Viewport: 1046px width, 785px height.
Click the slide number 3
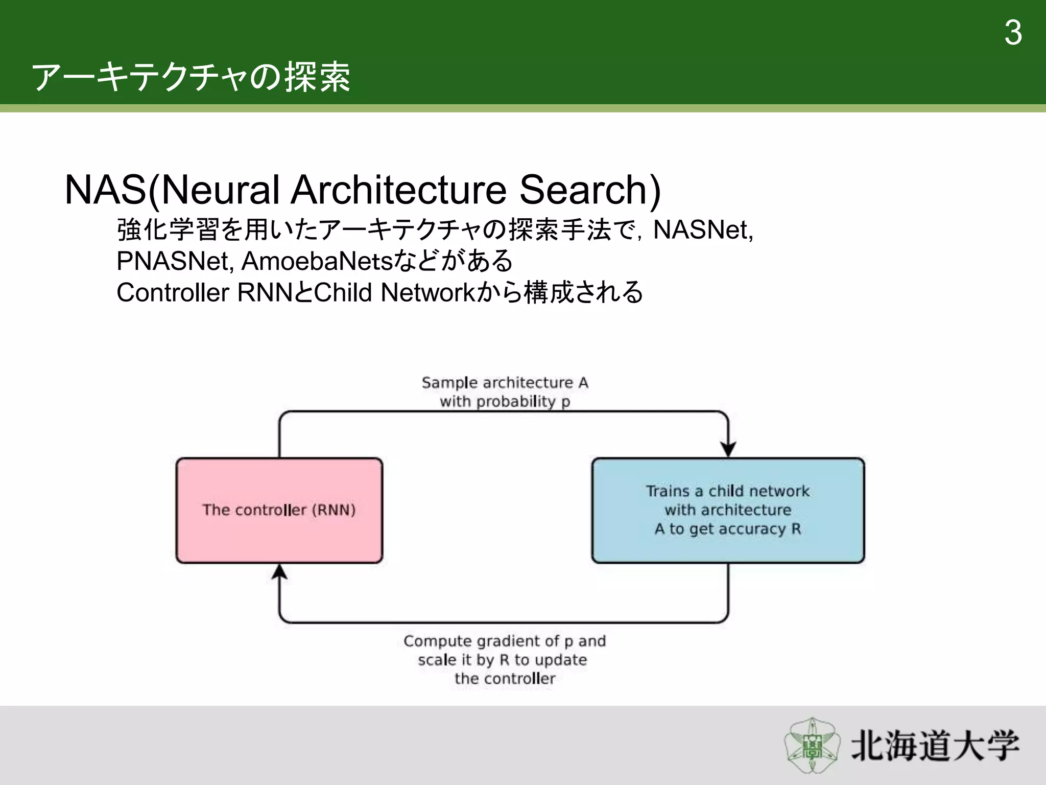point(1013,33)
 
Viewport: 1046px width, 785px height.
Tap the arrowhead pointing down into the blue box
point(728,449)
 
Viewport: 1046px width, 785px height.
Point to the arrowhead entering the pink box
point(279,571)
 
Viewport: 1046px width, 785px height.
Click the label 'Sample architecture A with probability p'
point(505,392)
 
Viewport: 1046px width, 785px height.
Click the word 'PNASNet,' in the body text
point(175,261)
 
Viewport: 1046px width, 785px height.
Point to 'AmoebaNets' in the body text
point(317,261)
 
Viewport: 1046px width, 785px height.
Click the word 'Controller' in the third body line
point(173,293)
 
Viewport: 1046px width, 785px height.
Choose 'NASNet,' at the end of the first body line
point(703,229)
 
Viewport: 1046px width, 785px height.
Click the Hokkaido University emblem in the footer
point(812,745)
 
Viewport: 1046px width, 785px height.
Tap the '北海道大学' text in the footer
point(935,746)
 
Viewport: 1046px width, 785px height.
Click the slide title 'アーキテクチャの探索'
point(191,78)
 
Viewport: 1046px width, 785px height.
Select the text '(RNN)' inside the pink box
point(334,510)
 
